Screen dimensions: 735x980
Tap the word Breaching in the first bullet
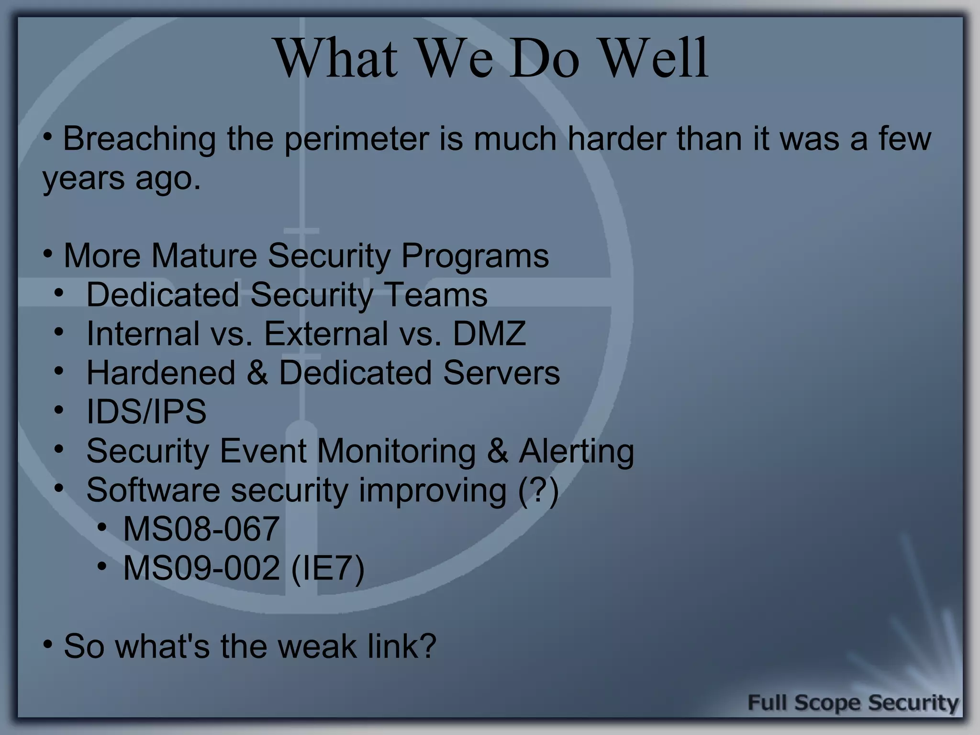coord(139,139)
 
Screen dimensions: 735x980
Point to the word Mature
coord(204,256)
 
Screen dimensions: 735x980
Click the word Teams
coord(436,294)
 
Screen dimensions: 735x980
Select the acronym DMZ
coord(489,334)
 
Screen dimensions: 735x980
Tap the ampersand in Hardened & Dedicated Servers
coord(257,373)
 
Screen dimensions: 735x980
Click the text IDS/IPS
coord(146,412)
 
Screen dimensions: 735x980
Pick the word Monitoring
coord(396,451)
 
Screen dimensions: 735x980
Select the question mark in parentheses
coord(539,490)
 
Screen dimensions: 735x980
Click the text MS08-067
coord(201,529)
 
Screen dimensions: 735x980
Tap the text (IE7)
coord(327,568)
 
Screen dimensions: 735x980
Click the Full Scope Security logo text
coord(853,703)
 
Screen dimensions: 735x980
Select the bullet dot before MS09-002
coord(101,567)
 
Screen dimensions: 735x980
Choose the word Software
coord(153,490)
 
